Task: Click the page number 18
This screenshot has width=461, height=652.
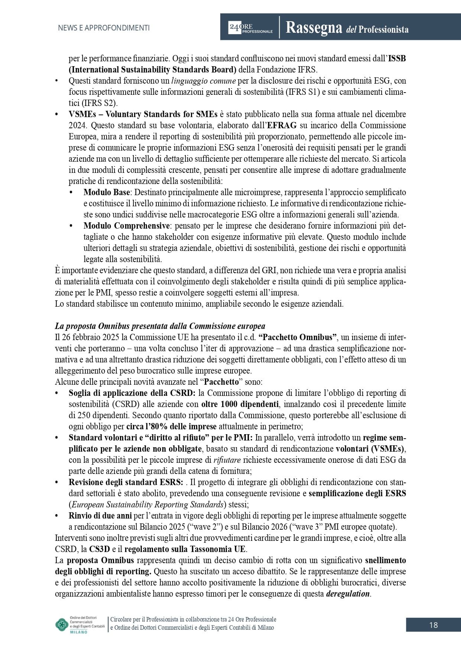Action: click(433, 625)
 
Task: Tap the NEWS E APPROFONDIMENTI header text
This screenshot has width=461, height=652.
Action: click(104, 28)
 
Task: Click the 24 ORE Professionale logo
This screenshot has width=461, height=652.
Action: click(250, 28)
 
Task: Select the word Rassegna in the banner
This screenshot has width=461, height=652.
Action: click(314, 28)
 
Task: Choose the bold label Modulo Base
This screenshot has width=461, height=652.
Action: click(107, 192)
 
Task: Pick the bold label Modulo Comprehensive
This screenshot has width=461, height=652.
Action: click(127, 226)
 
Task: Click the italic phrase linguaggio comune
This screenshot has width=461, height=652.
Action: click(204, 81)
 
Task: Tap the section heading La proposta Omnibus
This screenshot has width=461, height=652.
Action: click(160, 326)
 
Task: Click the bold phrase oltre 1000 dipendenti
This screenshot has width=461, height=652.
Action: click(240, 404)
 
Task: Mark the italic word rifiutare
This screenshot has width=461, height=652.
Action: click(227, 460)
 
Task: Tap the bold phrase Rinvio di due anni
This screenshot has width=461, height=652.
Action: click(100, 516)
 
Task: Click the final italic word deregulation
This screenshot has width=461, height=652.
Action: click(348, 594)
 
